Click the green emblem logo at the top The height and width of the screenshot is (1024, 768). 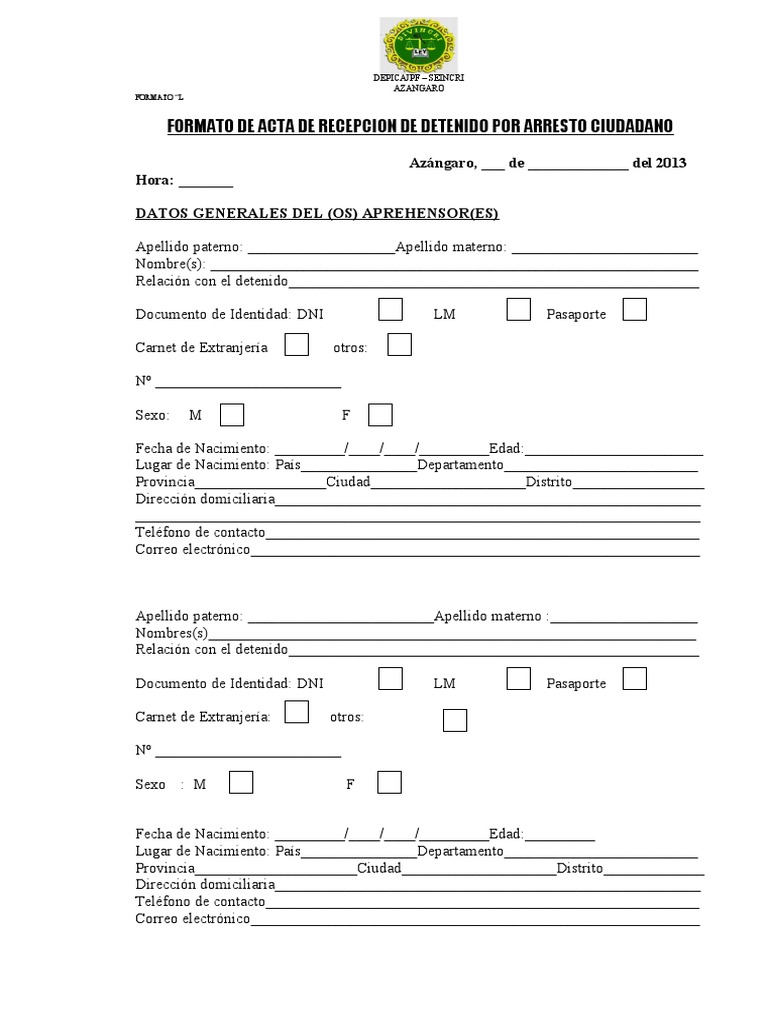pos(418,45)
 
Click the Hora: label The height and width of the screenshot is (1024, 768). pos(155,181)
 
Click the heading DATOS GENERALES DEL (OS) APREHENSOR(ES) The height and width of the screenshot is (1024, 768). pos(317,213)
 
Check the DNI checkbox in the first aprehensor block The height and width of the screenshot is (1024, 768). pos(391,310)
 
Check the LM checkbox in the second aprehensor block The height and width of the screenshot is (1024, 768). pos(518,679)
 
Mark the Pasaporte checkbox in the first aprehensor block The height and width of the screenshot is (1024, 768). pos(634,310)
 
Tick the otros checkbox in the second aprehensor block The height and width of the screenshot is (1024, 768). pos(455,720)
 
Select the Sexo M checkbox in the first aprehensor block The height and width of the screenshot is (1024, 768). pos(231,414)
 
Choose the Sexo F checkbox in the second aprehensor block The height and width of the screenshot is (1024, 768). pos(389,782)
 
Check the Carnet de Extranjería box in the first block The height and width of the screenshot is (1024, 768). pos(297,345)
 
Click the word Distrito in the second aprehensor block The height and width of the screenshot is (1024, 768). pos(580,868)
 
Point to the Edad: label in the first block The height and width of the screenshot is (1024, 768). pos(506,449)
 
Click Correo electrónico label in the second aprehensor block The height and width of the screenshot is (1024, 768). pos(192,919)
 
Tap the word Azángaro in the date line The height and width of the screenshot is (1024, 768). pos(442,163)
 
